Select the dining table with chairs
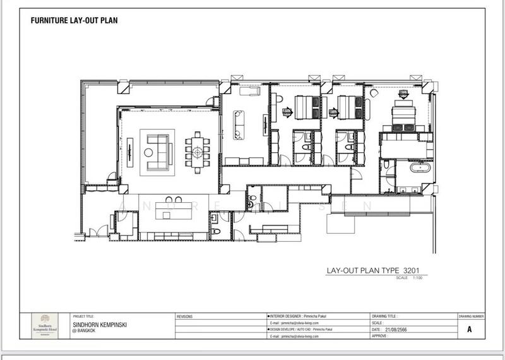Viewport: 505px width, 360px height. [x=198, y=152]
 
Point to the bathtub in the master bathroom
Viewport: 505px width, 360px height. [x=420, y=169]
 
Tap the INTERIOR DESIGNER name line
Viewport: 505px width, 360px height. [x=300, y=315]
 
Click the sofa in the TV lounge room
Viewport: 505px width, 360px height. [x=239, y=124]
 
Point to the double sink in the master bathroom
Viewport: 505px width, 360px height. [x=409, y=189]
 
